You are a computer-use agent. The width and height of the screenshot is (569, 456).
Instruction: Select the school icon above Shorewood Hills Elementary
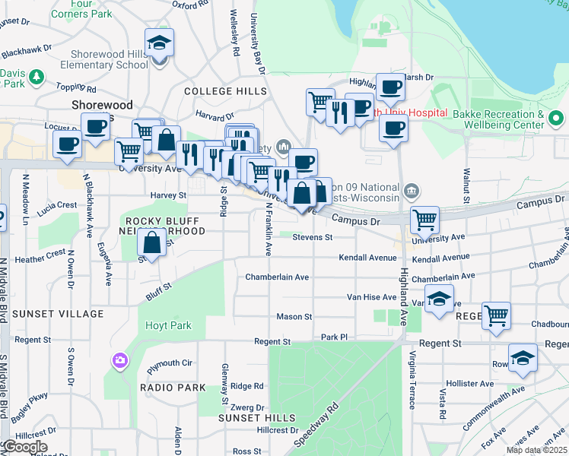pos(160,43)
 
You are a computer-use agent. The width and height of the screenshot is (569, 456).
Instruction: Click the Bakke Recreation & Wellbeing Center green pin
pos(556,118)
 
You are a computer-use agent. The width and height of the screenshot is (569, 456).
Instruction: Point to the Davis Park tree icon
pos(35,76)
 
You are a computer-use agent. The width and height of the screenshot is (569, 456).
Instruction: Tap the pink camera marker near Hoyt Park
pos(119,360)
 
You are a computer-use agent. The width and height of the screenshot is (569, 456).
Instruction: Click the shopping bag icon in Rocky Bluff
pos(152,243)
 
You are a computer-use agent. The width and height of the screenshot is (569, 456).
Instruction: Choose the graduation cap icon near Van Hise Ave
pos(439,299)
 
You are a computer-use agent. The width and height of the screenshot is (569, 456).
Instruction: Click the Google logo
pos(24,447)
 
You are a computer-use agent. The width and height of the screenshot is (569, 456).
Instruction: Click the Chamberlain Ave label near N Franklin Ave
pos(277,277)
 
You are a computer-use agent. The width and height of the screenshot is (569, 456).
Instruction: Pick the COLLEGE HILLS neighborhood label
pos(225,91)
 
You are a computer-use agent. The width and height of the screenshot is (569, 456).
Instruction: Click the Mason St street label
pos(294,316)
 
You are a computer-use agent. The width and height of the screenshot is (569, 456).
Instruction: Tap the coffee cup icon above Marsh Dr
pos(390,87)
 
